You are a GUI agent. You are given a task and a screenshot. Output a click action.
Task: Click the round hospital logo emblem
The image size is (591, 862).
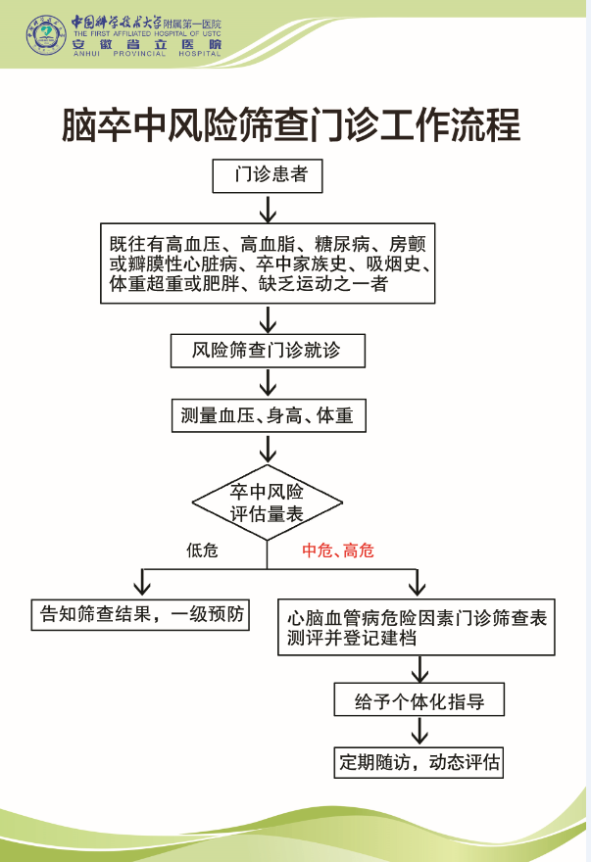tap(46, 34)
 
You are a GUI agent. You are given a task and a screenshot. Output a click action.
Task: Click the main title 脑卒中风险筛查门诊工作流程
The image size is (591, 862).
tap(290, 124)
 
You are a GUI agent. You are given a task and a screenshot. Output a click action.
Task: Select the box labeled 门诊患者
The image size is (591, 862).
tap(268, 176)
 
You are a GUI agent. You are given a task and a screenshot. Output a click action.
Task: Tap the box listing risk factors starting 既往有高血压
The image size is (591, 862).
tap(268, 263)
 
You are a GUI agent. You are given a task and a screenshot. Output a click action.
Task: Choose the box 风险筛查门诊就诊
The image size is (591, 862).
tap(268, 351)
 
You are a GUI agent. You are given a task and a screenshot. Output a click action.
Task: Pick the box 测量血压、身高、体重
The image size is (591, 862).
tap(269, 415)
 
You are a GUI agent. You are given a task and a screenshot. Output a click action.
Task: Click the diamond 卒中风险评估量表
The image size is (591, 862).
tap(268, 503)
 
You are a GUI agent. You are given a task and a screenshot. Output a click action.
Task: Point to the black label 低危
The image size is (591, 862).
tap(202, 550)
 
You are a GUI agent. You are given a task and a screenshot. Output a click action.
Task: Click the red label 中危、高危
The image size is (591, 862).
tap(338, 551)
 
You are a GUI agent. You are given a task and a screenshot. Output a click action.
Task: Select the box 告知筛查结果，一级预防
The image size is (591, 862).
tap(140, 614)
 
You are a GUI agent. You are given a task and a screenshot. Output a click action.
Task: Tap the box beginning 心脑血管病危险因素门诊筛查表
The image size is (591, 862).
tap(417, 627)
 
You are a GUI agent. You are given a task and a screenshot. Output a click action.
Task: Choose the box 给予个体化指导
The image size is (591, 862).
tap(419, 699)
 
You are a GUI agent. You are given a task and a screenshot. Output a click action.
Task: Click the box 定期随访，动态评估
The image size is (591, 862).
tap(419, 762)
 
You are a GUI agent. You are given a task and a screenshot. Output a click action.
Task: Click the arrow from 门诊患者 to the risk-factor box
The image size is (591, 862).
tap(268, 209)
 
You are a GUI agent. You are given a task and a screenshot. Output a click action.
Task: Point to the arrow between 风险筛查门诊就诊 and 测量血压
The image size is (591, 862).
tap(268, 383)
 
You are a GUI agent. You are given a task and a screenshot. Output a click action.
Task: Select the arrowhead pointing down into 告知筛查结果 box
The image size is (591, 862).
tap(142, 589)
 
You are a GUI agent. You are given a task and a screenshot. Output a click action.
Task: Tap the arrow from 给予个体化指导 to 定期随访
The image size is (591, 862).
tap(419, 731)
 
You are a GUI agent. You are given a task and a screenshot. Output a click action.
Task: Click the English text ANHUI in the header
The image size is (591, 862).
tap(87, 54)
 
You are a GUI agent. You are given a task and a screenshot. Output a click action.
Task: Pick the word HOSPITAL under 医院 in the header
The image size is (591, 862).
tap(200, 54)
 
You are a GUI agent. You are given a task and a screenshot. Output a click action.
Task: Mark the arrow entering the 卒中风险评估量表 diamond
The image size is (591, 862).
tap(268, 449)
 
